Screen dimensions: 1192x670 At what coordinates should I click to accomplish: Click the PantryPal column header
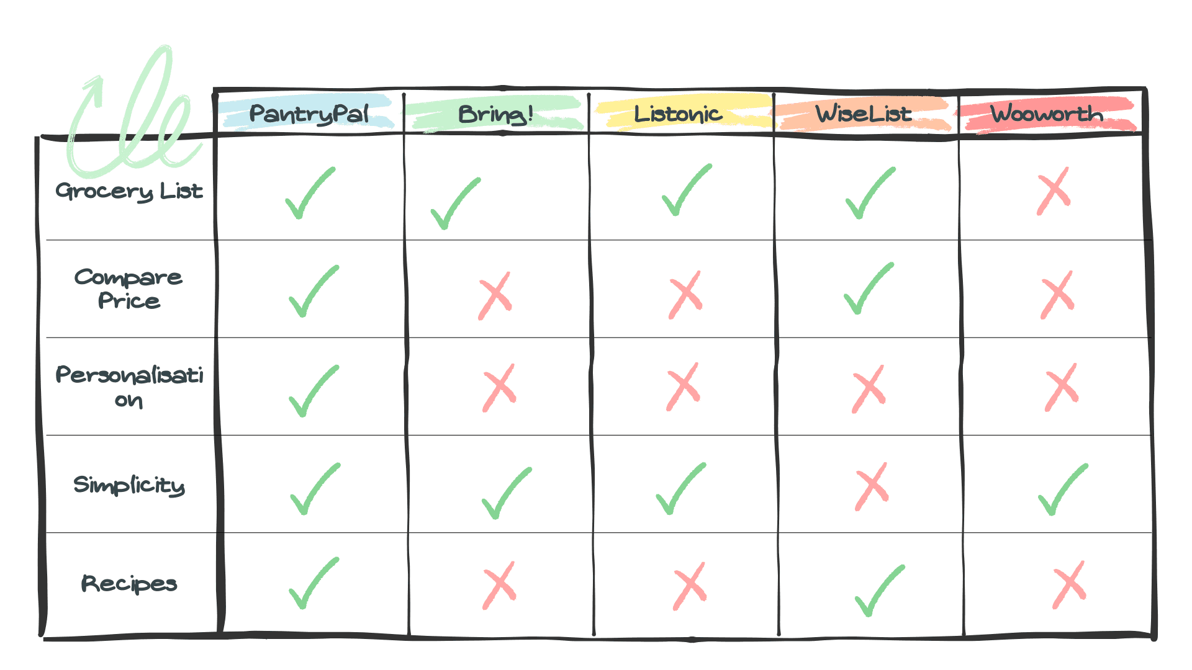(x=309, y=114)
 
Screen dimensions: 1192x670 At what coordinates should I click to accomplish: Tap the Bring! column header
(x=495, y=114)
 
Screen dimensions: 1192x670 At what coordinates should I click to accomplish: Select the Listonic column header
(x=678, y=114)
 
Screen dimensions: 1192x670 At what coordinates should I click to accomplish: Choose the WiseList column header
(x=864, y=114)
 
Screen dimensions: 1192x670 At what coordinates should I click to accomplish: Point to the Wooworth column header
(x=1047, y=114)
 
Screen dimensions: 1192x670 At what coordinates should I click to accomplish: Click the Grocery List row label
(x=129, y=191)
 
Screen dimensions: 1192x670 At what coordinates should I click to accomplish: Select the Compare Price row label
(x=129, y=288)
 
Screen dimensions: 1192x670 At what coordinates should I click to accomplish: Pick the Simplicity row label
(x=129, y=485)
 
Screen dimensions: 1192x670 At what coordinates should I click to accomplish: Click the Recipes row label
(x=129, y=584)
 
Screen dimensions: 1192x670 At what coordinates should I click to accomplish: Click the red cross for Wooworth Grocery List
(x=1054, y=191)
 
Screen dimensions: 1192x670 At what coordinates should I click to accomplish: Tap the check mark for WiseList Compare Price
(x=869, y=288)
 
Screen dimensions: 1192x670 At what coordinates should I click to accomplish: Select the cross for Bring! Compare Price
(x=495, y=295)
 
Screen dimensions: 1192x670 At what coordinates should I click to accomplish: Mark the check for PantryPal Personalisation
(x=314, y=391)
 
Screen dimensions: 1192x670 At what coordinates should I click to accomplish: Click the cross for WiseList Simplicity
(x=872, y=486)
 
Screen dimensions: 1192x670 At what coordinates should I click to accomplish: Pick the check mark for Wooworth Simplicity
(x=1062, y=489)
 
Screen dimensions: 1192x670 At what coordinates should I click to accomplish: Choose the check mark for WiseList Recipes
(x=879, y=590)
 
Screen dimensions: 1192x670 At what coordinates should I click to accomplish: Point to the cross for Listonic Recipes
(x=690, y=586)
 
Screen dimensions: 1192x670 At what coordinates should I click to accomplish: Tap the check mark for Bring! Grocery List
(x=455, y=203)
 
